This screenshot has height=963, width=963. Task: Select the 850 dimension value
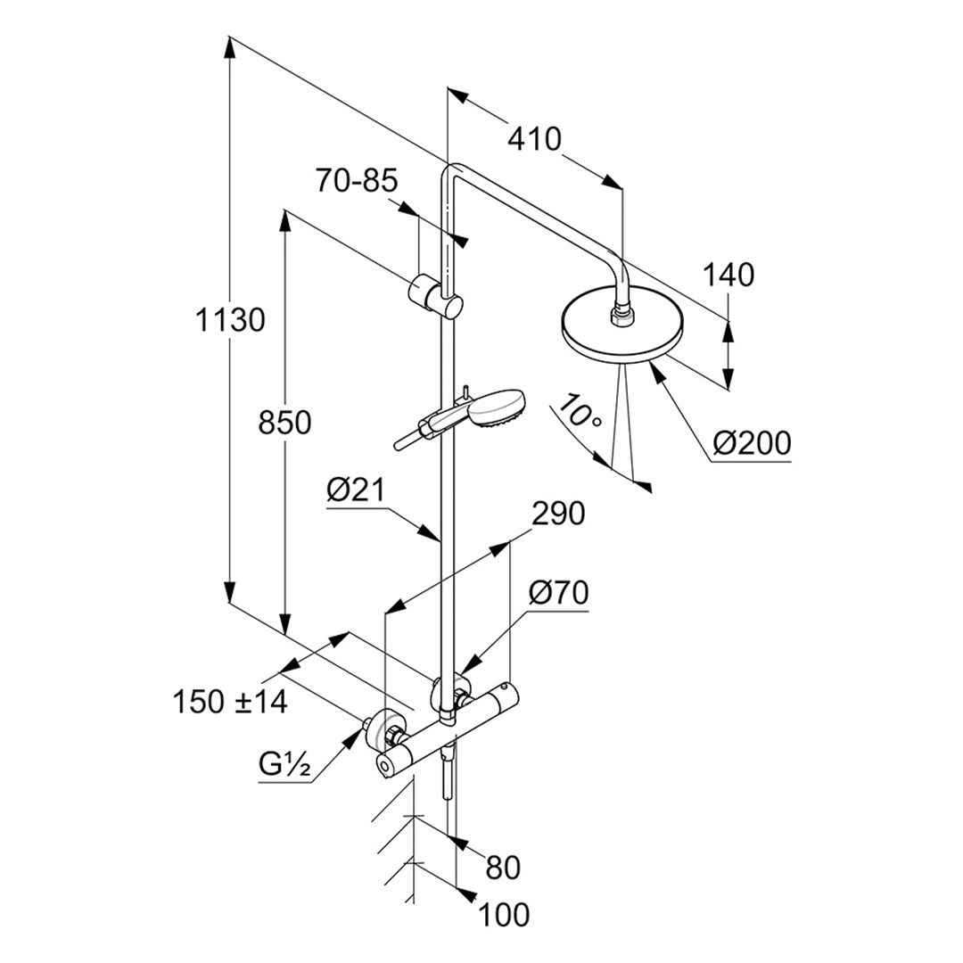pos(284,424)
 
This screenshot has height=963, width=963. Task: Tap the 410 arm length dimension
pos(535,139)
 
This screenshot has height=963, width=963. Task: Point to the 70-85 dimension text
pos(356,182)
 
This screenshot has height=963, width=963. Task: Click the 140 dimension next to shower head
pos(728,276)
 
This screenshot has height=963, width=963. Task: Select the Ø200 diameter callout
pos(753,442)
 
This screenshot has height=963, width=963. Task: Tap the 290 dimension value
pos(557,514)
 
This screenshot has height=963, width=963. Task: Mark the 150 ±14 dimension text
pos(229,702)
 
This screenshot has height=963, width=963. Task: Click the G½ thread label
pos(284,765)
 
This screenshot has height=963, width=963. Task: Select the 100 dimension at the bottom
pos(504,914)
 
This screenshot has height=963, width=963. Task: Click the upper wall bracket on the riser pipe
pos(435,295)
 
